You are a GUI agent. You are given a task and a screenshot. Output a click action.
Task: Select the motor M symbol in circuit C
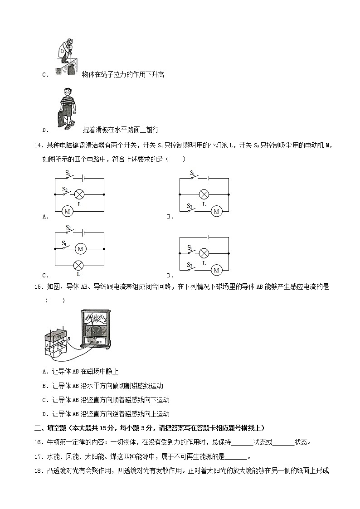point(81,249)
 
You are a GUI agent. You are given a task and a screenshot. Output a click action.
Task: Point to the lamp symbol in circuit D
point(204,253)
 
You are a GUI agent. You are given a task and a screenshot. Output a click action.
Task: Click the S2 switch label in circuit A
point(65,189)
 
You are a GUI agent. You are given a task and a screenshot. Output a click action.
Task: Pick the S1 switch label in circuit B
point(192,173)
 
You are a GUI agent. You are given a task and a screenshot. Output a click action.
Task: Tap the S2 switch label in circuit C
point(68,227)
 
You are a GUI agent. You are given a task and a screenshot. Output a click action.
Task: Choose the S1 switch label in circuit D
point(190,247)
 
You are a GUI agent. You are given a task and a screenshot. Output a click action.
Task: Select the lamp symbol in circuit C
point(78,266)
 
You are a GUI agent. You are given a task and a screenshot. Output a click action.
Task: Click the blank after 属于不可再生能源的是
point(236,456)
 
